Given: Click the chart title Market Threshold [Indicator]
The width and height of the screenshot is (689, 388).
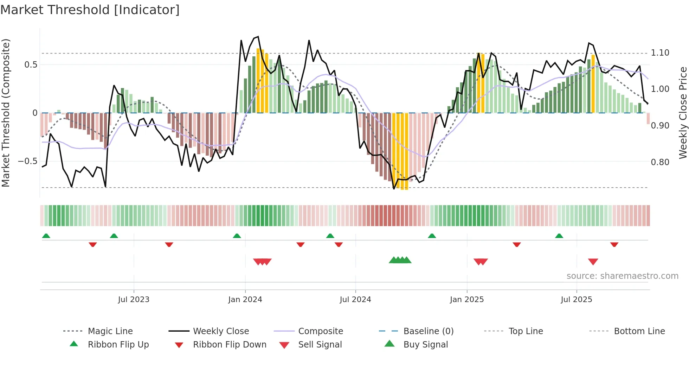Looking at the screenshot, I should pos(90,10).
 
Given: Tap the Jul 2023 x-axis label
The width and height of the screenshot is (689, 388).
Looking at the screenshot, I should pos(134,300).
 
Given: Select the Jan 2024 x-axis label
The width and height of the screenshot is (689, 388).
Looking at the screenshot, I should pos(245,300).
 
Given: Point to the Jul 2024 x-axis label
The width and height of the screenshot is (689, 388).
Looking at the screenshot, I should pos(355,300).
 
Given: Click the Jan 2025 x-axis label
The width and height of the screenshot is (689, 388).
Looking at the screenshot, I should pos(467,300).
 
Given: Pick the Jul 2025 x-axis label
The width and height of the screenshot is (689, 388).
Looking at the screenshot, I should pos(577,300).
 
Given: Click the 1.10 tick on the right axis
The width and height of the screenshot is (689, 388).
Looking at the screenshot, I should pos(660,53).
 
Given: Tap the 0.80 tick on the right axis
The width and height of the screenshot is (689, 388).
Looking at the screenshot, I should pos(660,162).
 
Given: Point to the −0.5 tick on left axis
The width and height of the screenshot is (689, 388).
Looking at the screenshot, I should pos(28,161).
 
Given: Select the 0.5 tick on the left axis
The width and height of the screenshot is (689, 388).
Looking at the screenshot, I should pos(31,64).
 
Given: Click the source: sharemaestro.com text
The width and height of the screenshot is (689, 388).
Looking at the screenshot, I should pos(622,276).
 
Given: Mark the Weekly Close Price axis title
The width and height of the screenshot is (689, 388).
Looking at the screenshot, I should pos(683,113).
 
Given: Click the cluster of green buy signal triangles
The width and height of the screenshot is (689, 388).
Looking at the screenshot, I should pos(400,260).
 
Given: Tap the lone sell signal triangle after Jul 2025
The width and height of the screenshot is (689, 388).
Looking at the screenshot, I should pos(593,262).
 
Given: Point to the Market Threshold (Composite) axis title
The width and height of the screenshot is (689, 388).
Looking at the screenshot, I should pos(6,113).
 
